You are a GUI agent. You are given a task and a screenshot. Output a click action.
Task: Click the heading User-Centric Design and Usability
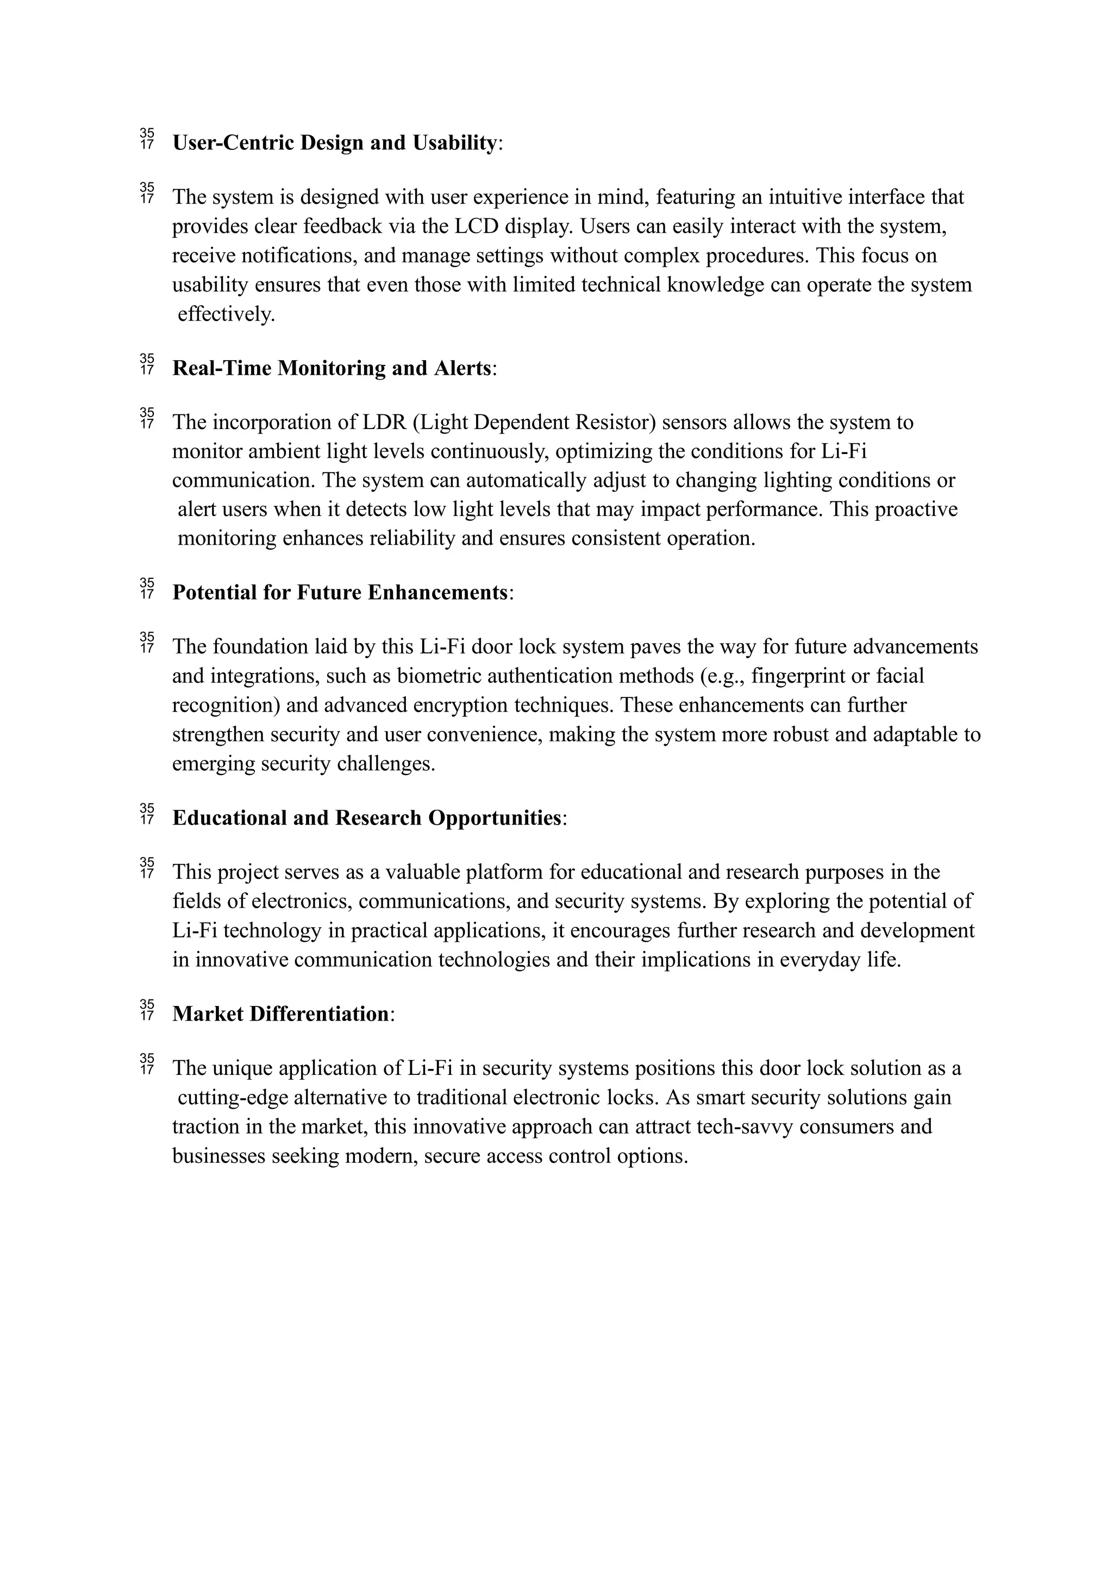[x=334, y=143]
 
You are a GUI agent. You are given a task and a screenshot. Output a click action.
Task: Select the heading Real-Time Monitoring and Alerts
[x=331, y=368]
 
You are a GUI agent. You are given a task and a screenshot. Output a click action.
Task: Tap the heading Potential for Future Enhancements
[x=340, y=593]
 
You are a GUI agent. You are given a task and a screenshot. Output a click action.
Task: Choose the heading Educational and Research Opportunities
[x=366, y=818]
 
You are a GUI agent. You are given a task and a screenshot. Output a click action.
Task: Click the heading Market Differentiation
[x=280, y=1014]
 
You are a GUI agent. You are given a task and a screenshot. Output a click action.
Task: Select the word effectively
[x=226, y=314]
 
